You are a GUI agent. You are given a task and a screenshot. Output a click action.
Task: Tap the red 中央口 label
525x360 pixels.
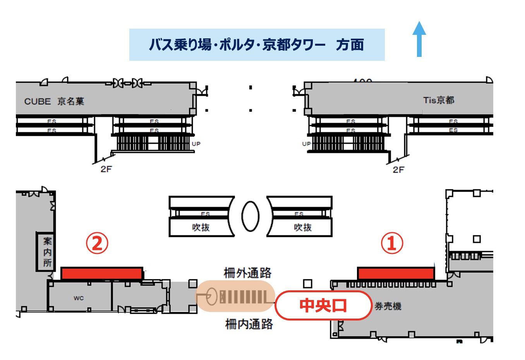pyautogui.click(x=323, y=305)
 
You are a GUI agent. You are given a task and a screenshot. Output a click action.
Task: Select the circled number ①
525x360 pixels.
pyautogui.click(x=392, y=243)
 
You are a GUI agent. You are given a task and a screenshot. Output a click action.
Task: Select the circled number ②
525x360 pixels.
pyautogui.click(x=97, y=243)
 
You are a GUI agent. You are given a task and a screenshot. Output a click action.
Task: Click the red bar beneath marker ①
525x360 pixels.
pyautogui.click(x=395, y=273)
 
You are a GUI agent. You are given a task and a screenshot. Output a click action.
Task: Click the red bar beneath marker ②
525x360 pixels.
pyautogui.click(x=102, y=273)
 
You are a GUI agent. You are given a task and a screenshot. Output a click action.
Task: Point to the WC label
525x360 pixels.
pyautogui.click(x=79, y=298)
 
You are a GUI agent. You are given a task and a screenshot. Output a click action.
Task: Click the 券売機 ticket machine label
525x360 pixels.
pyautogui.click(x=388, y=306)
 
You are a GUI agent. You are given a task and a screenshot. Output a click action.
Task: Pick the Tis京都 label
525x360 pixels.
pyautogui.click(x=439, y=100)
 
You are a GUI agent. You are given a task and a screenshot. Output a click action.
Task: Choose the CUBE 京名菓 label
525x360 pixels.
pyautogui.click(x=54, y=101)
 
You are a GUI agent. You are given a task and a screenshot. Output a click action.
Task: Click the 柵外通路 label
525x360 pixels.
pyautogui.click(x=247, y=273)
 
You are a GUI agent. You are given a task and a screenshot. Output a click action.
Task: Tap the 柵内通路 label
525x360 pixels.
pyautogui.click(x=249, y=324)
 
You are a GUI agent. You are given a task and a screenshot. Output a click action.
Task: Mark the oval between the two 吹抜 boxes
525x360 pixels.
pyautogui.click(x=250, y=216)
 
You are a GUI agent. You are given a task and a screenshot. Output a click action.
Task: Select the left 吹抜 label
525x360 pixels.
pyautogui.click(x=201, y=228)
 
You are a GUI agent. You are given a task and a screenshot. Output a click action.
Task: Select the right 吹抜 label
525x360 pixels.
pyautogui.click(x=302, y=228)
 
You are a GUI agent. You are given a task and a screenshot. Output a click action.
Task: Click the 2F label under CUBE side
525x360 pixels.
pyautogui.click(x=106, y=169)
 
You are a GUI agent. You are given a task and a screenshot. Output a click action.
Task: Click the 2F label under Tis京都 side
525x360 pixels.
pyautogui.click(x=398, y=170)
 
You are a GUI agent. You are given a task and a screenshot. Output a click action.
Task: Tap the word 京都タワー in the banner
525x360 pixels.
pyautogui.click(x=294, y=45)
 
